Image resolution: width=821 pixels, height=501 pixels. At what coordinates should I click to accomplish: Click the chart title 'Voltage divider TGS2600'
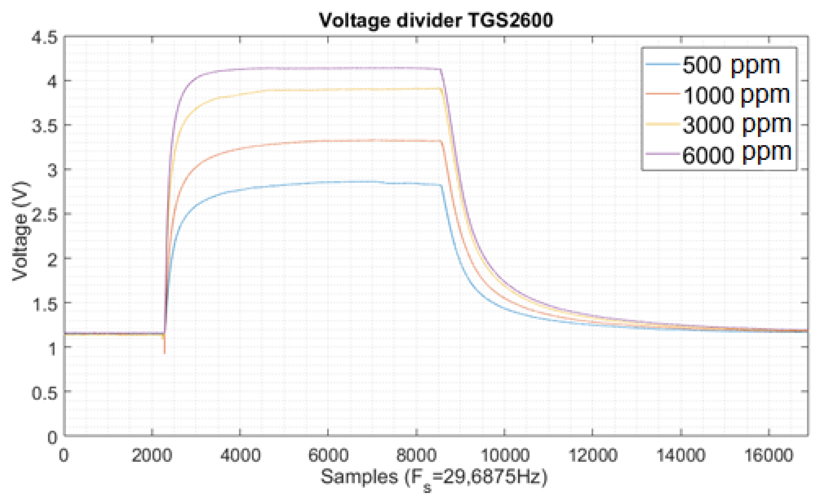click(x=436, y=21)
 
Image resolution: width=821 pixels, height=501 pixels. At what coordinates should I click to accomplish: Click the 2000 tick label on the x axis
click(x=152, y=455)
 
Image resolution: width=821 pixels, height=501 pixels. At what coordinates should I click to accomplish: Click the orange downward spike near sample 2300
click(x=165, y=349)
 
